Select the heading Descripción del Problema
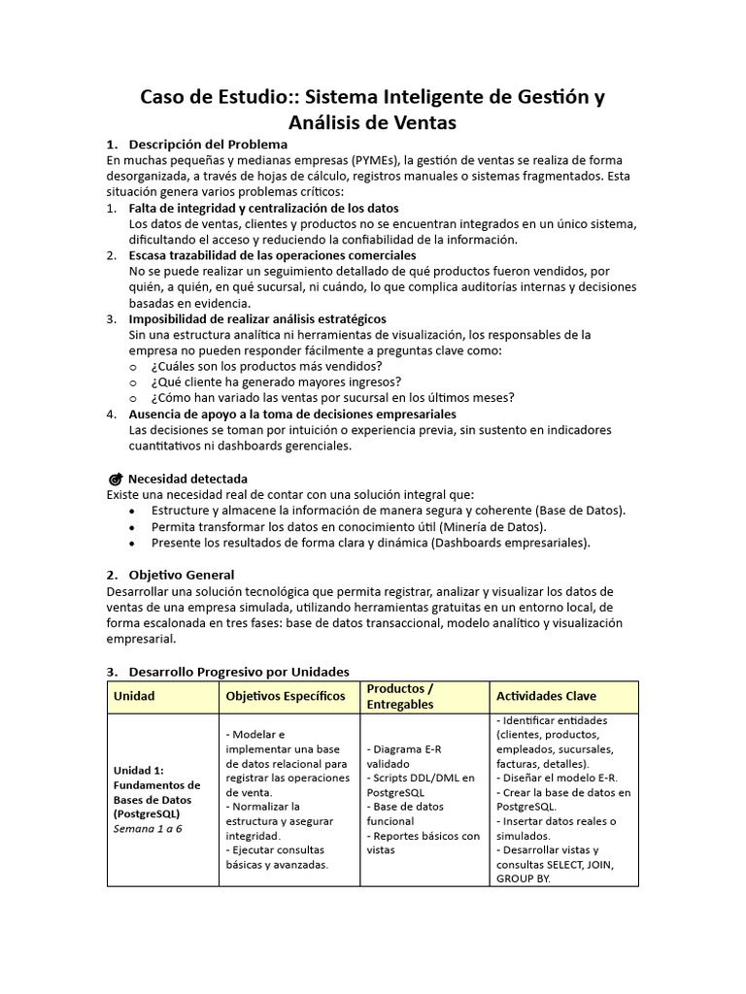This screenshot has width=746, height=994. pyautogui.click(x=209, y=145)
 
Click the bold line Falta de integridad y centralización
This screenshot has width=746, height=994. pyautogui.click(x=263, y=208)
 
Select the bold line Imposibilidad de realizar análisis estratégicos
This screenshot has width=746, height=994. pyautogui.click(x=257, y=318)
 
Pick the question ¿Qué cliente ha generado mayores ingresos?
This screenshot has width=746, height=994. pyautogui.click(x=277, y=381)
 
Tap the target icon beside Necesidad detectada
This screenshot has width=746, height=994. pyautogui.click(x=116, y=479)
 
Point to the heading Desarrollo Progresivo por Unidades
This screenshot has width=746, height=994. pyautogui.click(x=239, y=671)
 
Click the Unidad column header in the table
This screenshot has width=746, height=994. pyautogui.click(x=134, y=696)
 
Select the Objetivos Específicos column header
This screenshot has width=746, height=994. pyautogui.click(x=286, y=696)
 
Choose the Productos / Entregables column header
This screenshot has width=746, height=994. pyautogui.click(x=400, y=696)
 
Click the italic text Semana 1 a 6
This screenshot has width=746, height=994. pyautogui.click(x=148, y=828)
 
